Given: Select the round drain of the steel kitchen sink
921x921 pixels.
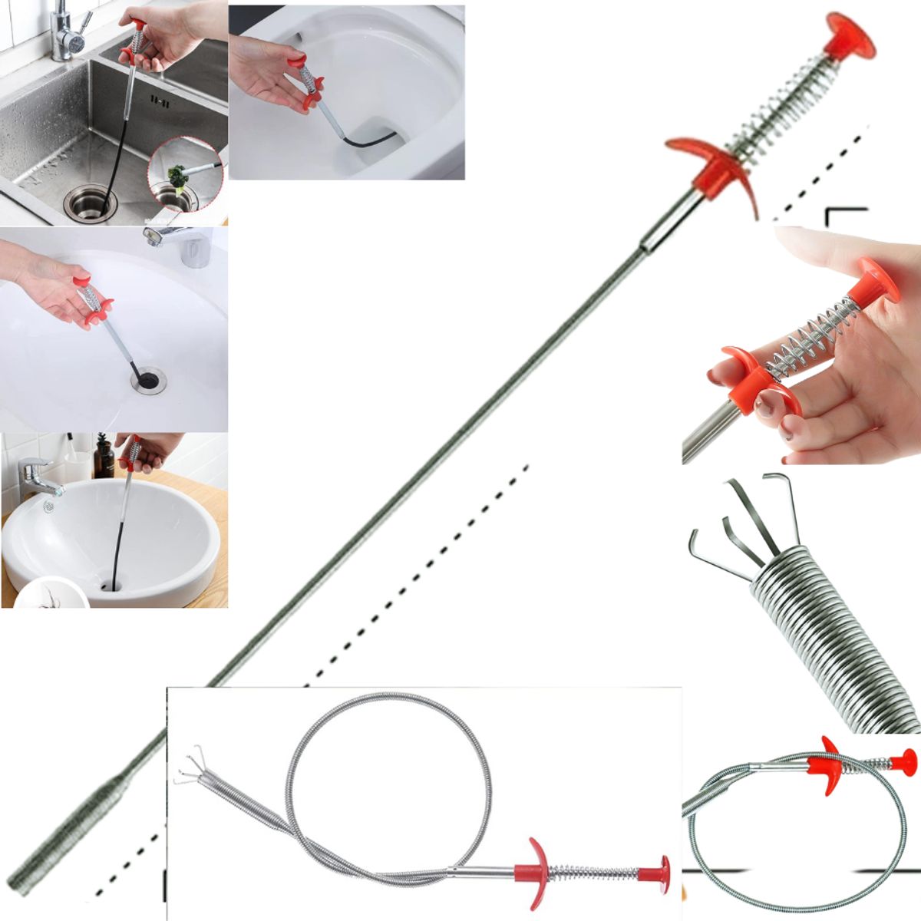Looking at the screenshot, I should coord(91,201).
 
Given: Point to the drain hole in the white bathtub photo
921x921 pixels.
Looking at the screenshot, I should coord(147,379).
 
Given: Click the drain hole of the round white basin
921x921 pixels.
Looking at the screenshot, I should coord(111,585).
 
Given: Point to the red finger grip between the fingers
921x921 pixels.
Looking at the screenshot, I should coord(748,376).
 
